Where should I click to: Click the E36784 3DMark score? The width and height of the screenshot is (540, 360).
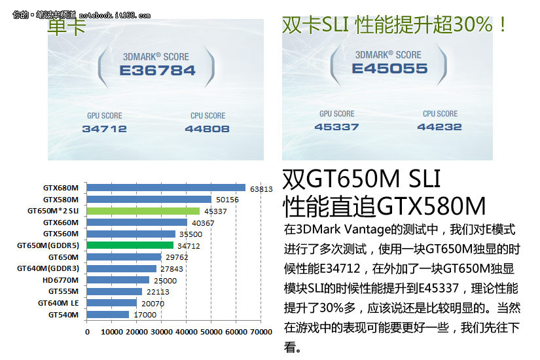click(x=157, y=70)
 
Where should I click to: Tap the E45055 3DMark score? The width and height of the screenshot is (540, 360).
click(x=389, y=69)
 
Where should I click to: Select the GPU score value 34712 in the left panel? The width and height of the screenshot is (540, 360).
click(x=104, y=129)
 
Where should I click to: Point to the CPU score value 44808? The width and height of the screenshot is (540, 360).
click(x=207, y=129)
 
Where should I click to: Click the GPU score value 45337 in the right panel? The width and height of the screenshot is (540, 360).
click(x=337, y=126)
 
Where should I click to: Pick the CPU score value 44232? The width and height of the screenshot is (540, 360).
click(x=439, y=126)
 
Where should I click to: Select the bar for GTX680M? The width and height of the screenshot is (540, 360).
click(x=166, y=188)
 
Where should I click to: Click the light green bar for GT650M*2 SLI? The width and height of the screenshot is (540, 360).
click(x=143, y=211)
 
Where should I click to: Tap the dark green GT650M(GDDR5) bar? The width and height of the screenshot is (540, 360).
click(x=130, y=245)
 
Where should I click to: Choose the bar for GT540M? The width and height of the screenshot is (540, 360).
click(x=108, y=314)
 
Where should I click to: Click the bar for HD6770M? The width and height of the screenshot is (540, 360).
click(x=118, y=279)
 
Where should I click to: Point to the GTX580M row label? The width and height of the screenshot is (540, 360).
click(x=61, y=199)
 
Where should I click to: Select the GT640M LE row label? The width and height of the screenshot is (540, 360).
click(x=58, y=302)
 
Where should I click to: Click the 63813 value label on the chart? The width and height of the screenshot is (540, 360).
click(x=261, y=189)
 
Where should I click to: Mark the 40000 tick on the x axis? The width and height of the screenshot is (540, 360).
click(x=187, y=332)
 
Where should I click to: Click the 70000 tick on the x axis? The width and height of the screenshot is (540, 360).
click(x=261, y=332)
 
